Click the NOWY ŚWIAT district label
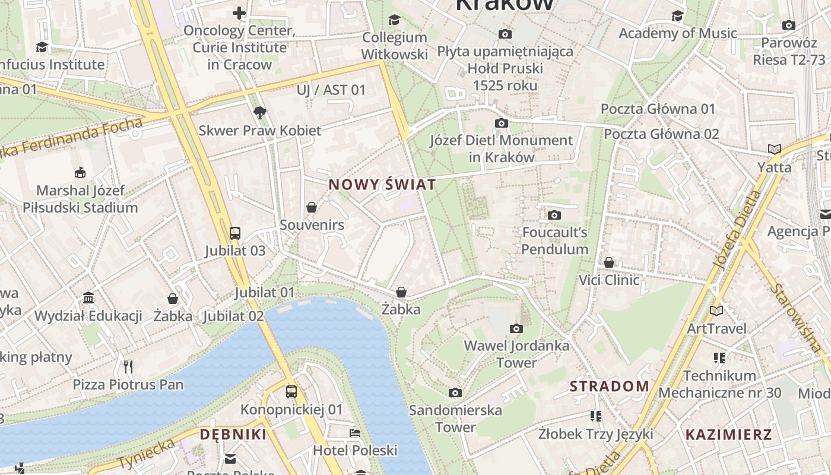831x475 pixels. tap(382, 185)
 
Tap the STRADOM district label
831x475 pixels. tap(610, 386)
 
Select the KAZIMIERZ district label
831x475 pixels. tap(729, 434)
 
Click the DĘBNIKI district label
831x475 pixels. tap(233, 434)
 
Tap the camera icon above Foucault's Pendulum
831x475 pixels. tap(554, 215)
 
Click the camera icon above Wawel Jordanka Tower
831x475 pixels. tap(516, 328)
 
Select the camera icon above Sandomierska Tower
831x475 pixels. tap(455, 392)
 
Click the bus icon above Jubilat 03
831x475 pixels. tap(235, 233)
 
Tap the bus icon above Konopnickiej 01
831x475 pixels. tap(291, 392)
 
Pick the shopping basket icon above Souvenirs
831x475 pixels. tap(312, 207)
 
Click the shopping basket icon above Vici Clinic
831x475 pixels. tap(609, 262)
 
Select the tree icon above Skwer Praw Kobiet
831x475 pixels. tap(259, 113)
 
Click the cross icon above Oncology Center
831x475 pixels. tap(239, 13)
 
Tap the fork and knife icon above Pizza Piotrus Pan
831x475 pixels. tap(128, 366)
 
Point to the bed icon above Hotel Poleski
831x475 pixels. tap(355, 433)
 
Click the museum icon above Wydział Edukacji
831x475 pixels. tap(88, 297)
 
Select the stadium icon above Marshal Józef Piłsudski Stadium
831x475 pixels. tap(80, 173)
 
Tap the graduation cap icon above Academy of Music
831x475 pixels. tap(677, 15)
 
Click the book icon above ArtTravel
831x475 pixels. tap(716, 311)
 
